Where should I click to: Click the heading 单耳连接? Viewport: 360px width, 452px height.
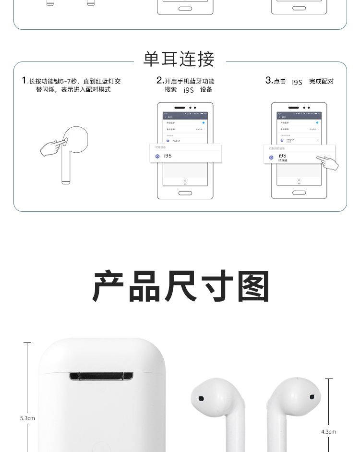click(x=179, y=59)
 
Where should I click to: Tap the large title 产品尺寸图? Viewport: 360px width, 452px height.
click(x=180, y=286)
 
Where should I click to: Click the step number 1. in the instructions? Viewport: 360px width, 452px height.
click(x=24, y=80)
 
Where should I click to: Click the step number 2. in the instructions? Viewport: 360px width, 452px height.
click(x=160, y=80)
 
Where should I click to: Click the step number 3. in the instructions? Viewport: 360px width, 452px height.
click(x=269, y=80)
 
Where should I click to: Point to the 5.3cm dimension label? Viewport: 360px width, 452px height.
click(x=27, y=418)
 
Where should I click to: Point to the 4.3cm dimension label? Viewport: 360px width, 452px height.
click(x=328, y=432)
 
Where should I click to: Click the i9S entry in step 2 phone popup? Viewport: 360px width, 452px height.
click(x=168, y=156)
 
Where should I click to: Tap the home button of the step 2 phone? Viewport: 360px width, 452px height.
click(x=185, y=193)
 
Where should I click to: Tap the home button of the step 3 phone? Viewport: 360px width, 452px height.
click(x=299, y=193)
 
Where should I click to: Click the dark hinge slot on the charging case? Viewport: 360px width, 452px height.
click(x=102, y=376)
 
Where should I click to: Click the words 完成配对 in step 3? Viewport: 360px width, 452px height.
click(x=321, y=82)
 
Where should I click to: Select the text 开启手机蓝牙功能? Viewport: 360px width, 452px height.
click(x=190, y=81)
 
